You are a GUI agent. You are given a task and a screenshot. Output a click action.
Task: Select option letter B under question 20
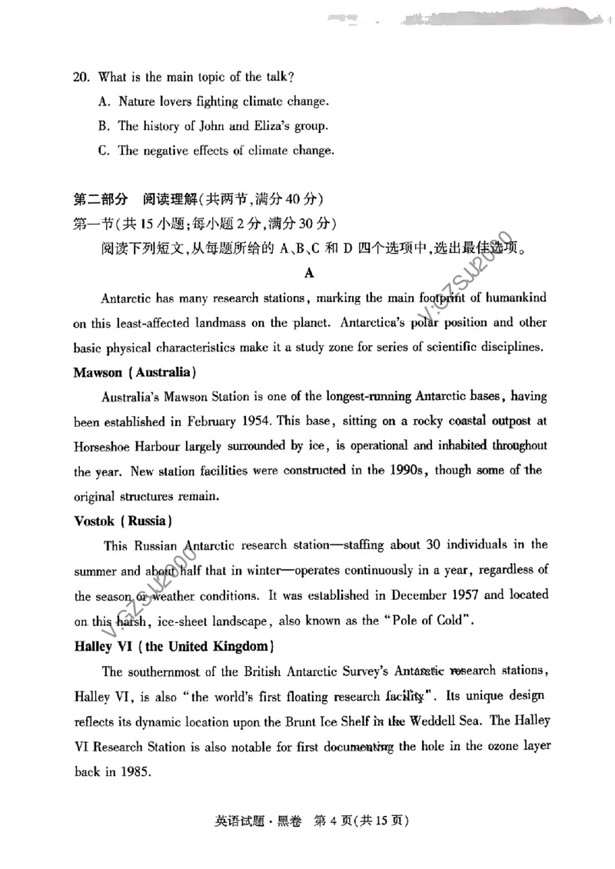point(103,126)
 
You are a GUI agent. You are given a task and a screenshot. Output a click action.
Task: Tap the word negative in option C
point(165,151)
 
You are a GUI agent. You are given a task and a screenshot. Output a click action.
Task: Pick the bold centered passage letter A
point(309,272)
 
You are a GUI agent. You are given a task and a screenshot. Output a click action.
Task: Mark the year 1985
point(137,771)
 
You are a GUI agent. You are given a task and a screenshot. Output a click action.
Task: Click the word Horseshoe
point(102,446)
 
